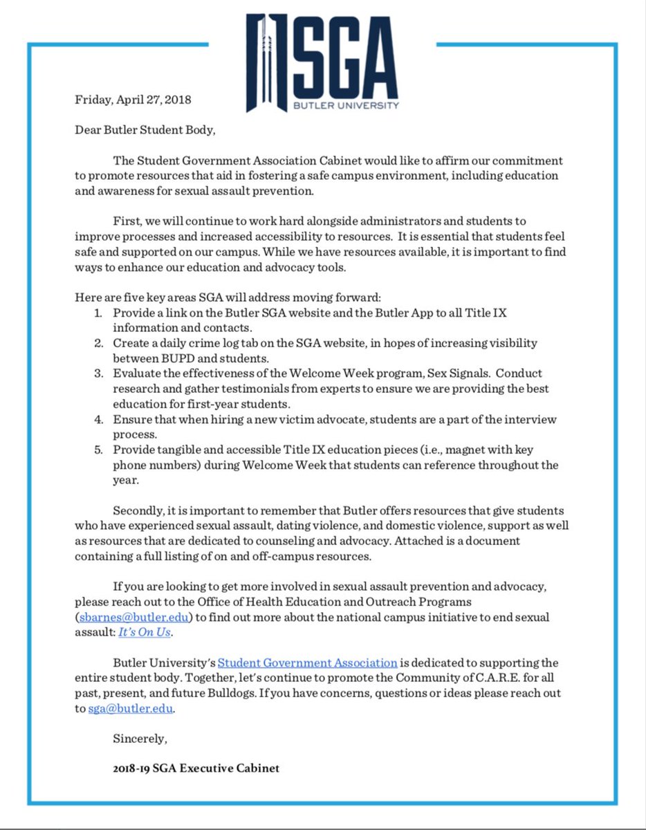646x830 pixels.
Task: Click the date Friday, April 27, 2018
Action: click(133, 99)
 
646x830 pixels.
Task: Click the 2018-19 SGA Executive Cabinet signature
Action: click(196, 768)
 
